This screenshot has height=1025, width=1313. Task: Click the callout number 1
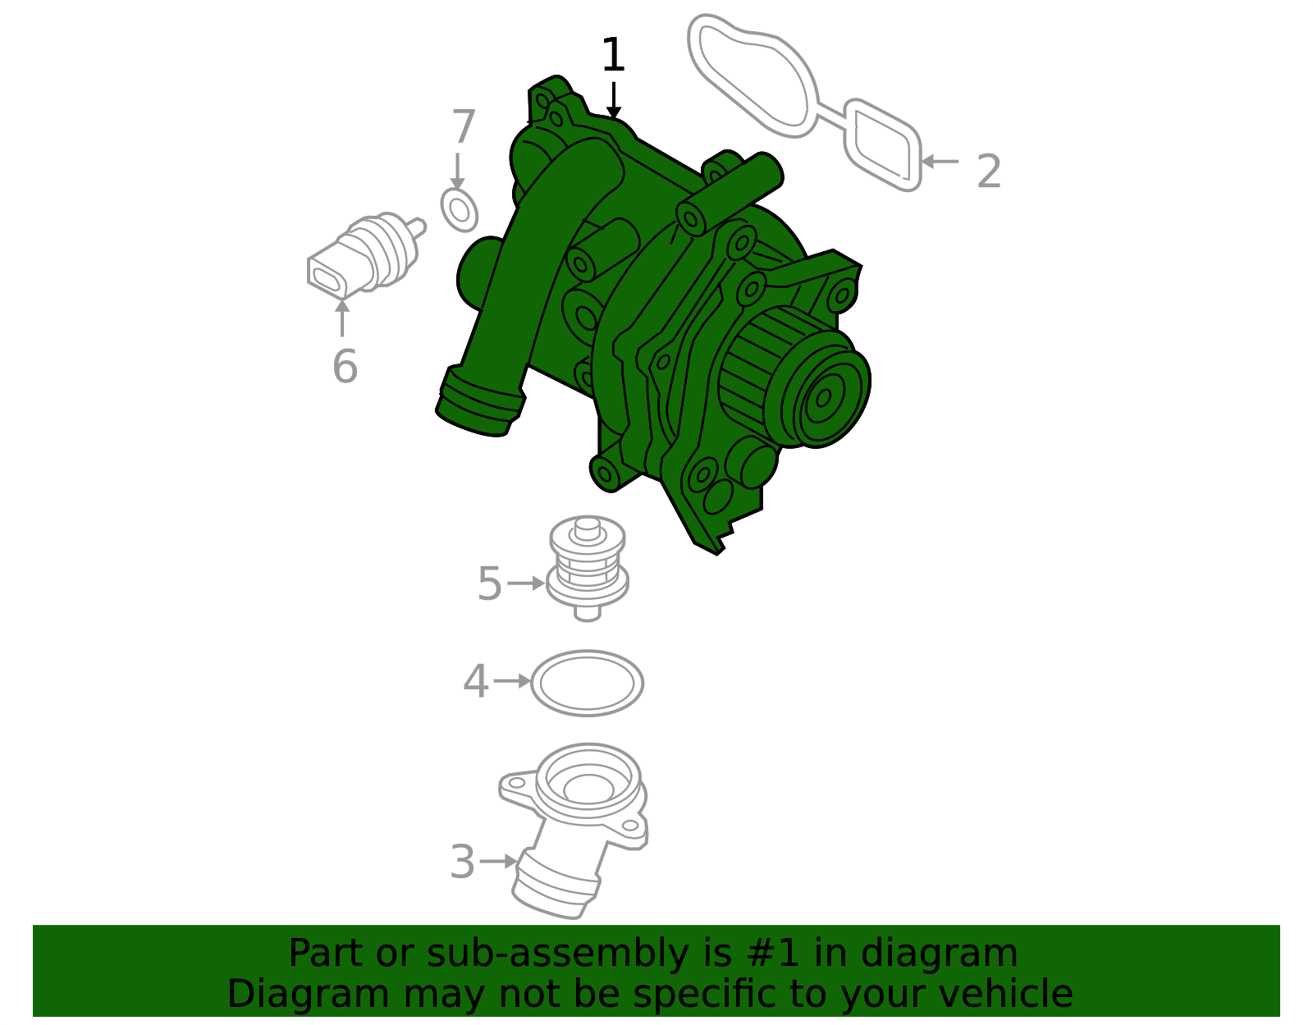point(613,55)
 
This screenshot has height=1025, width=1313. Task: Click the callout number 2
point(989,172)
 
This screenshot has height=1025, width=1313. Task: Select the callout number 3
point(462,862)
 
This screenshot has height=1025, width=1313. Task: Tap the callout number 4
point(475,681)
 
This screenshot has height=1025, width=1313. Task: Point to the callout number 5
point(489,583)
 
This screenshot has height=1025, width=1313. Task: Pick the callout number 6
point(345,366)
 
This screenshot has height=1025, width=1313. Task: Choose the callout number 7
point(464,126)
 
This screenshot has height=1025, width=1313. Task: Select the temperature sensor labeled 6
point(365,256)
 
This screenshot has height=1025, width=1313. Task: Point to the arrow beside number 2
point(940,162)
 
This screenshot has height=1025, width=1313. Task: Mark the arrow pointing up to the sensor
point(342,318)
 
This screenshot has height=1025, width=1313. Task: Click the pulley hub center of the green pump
point(824,397)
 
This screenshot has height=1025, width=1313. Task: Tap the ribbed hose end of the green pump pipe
point(480,401)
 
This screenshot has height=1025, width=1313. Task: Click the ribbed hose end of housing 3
point(556,885)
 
